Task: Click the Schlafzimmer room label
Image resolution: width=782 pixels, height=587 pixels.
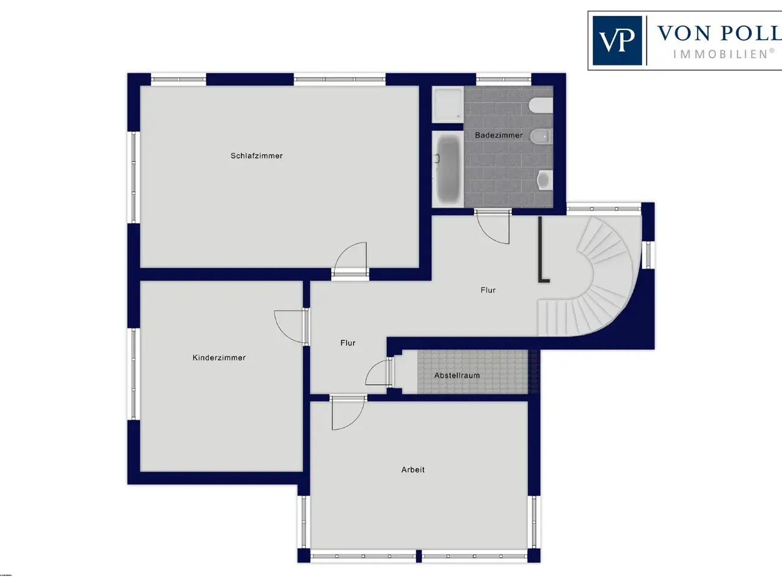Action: pos(257,156)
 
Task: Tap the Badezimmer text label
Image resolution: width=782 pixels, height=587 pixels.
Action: pos(499,135)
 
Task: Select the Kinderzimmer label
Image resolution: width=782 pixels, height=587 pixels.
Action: pos(219,358)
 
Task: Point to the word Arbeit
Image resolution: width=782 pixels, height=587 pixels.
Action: pos(413,470)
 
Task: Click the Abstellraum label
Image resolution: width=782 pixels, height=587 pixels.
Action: pos(457,375)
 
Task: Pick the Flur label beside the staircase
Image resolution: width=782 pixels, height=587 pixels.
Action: pos(488,290)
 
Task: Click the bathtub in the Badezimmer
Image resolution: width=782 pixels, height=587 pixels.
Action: pos(448,169)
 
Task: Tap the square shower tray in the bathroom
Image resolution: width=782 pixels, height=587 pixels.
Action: pos(448,104)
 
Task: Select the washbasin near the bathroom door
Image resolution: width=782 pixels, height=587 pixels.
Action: pos(545,180)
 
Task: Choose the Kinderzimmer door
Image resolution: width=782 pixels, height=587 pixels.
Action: pos(291,327)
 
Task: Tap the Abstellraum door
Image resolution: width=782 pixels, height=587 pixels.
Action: pos(379,372)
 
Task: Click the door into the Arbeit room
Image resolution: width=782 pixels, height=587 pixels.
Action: pos(348,412)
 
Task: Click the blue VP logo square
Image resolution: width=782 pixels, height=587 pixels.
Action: pos(618,40)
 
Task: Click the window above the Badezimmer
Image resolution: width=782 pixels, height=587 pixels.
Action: pos(504,79)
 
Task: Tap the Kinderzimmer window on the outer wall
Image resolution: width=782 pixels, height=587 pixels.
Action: pos(134,374)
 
